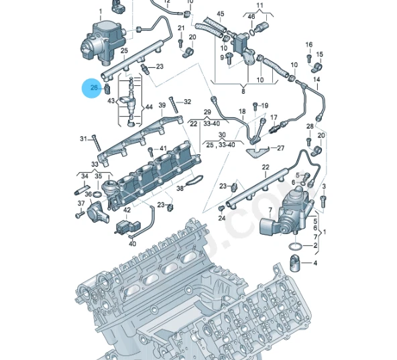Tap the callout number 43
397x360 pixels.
111,101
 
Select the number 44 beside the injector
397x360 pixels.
148,107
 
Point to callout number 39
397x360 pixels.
162,105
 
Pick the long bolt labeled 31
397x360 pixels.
96,141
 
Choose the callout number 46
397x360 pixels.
251,15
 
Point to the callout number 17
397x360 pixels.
274,117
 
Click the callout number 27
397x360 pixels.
280,148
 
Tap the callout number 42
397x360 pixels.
127,210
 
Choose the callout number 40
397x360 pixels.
132,243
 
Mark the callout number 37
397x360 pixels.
81,203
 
